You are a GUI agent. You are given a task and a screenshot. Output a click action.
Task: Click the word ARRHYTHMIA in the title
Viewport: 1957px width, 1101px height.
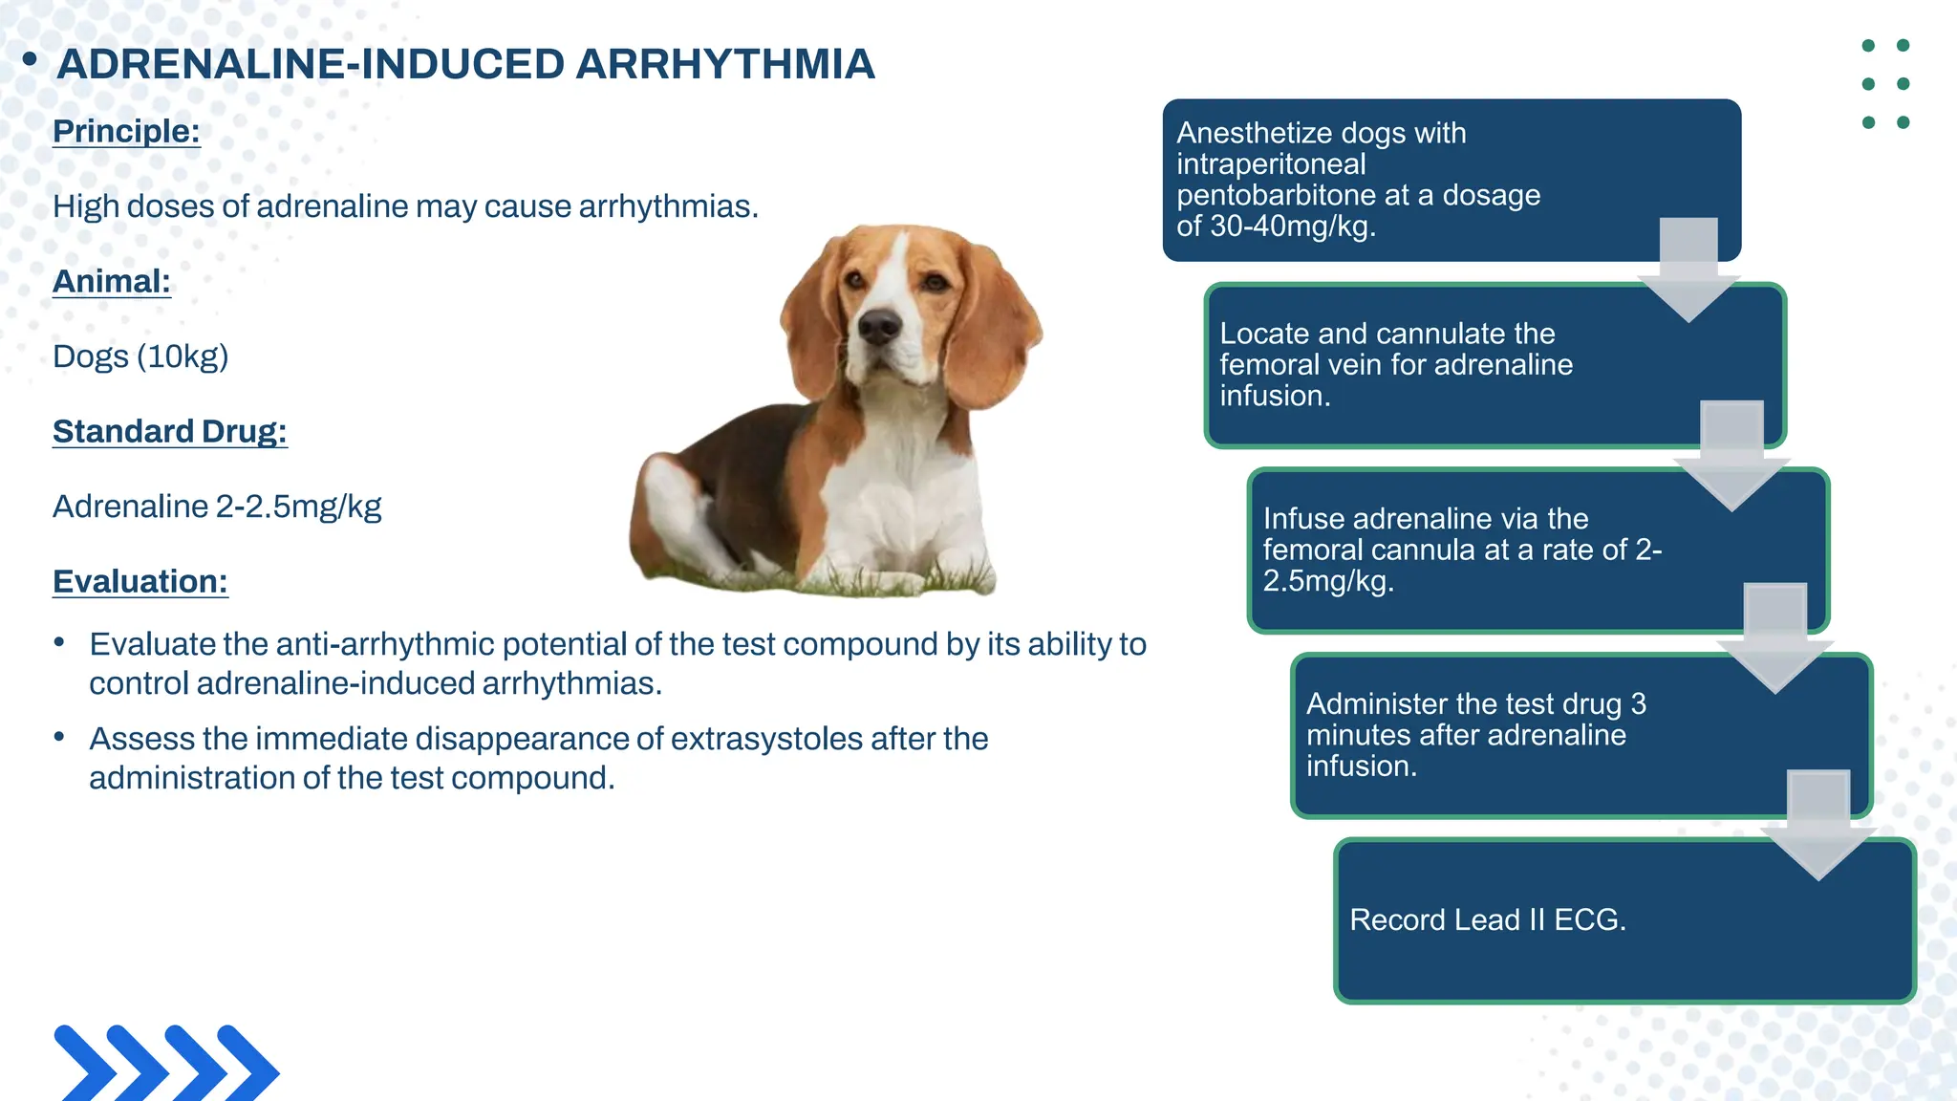725,64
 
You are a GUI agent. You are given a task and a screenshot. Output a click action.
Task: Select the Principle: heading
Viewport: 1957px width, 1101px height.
126,131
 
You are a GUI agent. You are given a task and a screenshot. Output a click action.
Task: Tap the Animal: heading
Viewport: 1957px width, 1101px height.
112,281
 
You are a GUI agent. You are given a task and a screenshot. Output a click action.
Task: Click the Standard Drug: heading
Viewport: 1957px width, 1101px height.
170,431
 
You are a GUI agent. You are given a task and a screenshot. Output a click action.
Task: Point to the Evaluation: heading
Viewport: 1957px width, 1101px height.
140,581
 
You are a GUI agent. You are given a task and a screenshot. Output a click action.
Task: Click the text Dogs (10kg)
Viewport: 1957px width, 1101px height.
140,356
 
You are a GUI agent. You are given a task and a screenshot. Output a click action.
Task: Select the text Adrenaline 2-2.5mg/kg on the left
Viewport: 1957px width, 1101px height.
217,507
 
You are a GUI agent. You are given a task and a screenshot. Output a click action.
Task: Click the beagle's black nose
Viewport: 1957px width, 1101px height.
878,327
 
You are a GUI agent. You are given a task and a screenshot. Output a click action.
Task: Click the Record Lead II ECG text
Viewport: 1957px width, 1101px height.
1487,919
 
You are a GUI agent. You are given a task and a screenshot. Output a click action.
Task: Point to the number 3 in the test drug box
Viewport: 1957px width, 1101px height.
1639,703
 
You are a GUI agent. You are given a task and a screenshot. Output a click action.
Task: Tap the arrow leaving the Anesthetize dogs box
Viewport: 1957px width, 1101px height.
1688,272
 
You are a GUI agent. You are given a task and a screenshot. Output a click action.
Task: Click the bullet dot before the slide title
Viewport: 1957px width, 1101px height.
30,60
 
